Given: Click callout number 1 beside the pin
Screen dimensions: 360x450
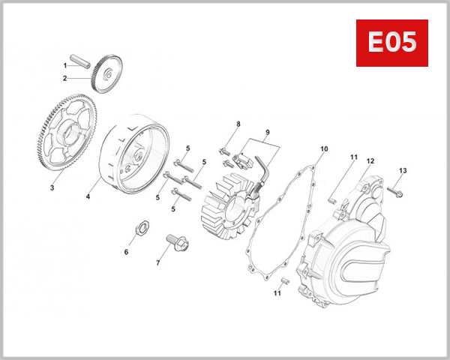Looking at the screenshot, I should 65,65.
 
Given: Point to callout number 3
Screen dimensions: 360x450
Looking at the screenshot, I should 52,187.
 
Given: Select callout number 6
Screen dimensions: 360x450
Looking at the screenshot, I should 126,252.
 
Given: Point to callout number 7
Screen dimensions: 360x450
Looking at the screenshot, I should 157,263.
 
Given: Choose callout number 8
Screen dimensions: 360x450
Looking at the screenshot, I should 238,124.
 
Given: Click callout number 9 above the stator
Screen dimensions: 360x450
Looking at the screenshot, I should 266,133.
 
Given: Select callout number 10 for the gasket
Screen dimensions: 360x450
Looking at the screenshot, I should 323,149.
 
